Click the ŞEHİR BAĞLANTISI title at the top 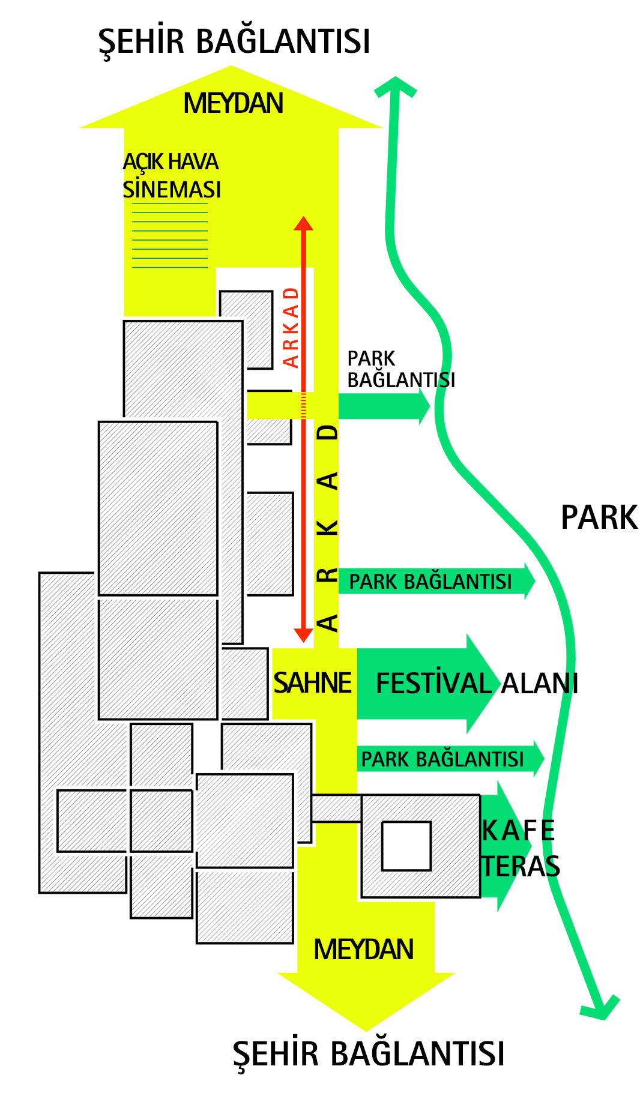coord(234,41)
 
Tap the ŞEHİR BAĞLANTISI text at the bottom coord(369,1054)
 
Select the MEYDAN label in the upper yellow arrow coord(233,103)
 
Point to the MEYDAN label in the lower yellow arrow coord(364,950)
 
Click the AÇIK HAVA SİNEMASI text coord(172,175)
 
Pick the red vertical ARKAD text coord(291,327)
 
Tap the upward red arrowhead coord(303,223)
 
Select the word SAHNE coord(312,683)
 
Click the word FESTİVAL coord(434,684)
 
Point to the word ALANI coord(540,684)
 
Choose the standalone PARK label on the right coord(599,517)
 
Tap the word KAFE coord(518,831)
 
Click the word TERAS coord(521,866)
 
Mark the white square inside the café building coord(406,846)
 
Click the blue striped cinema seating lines coord(170,235)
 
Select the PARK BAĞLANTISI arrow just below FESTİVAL coord(450,759)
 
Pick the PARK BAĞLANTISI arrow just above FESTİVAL coord(436,581)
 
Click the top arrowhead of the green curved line coord(396,85)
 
